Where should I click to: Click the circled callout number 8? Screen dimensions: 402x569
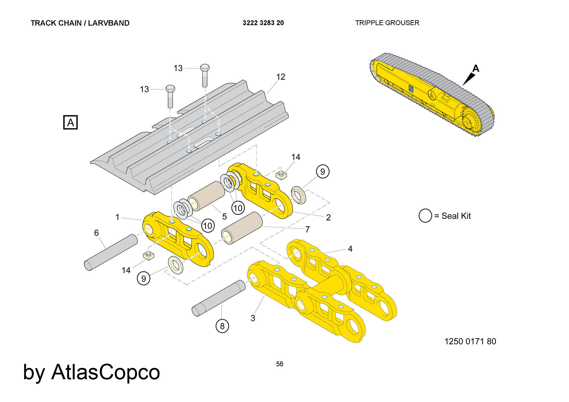pos(222,326)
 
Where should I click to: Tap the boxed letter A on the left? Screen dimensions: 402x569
pos(70,123)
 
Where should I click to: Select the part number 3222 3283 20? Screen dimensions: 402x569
pos(263,23)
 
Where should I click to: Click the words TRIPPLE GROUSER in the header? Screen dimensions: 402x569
pos(387,23)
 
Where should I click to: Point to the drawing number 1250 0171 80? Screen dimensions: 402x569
pos(470,341)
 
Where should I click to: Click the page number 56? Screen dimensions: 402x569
pos(280,364)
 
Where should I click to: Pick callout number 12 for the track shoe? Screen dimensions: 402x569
pos(281,77)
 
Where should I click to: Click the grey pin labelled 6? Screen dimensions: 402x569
pos(111,252)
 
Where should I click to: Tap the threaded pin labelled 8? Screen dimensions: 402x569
pos(218,298)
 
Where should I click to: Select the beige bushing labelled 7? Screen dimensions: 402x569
pos(242,228)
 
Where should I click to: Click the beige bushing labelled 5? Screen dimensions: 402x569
pos(206,196)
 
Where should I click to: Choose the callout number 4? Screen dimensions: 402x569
pos(350,249)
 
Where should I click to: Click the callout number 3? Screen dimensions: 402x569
pos(253,318)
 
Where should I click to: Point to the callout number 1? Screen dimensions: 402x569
pos(117,217)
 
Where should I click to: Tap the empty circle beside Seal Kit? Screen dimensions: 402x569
pos(425,216)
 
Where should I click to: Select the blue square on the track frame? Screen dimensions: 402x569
pos(411,88)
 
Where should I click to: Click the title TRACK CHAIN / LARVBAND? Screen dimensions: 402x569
pos(80,23)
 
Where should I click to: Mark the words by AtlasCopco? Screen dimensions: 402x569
pos(91,372)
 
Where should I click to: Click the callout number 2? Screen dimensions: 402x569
pos(328,218)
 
